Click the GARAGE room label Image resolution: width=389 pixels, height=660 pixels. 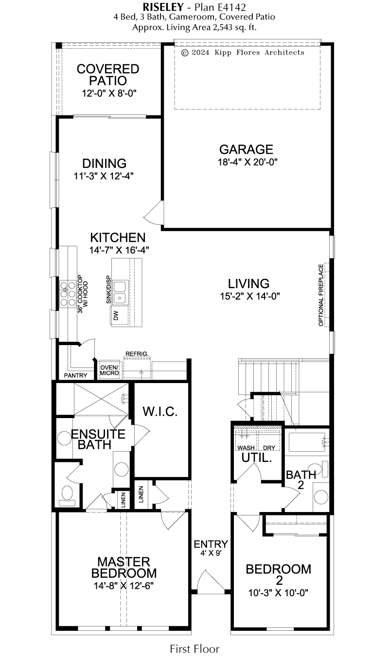246,149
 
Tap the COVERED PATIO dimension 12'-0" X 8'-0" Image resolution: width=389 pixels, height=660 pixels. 109,93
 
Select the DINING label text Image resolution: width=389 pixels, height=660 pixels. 104,164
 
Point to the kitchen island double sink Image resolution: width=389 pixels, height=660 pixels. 120,293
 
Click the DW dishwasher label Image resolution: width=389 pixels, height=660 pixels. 116,315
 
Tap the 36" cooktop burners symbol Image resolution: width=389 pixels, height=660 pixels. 68,294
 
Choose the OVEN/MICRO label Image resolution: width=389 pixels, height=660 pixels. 109,370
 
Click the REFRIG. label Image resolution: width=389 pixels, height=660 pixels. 137,353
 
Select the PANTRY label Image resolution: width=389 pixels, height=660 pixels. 76,375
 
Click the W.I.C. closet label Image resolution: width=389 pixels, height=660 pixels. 160,412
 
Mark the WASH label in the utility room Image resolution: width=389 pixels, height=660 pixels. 246,448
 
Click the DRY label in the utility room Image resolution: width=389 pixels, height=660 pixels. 269,448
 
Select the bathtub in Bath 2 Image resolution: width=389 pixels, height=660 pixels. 307,442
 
